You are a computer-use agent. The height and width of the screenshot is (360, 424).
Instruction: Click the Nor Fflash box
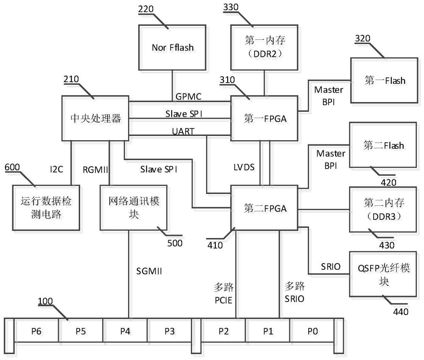172,47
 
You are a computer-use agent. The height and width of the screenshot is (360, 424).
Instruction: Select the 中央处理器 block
96,118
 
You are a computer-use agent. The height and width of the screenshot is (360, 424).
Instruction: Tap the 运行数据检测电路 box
42,208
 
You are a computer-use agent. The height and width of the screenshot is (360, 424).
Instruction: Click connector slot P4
125,331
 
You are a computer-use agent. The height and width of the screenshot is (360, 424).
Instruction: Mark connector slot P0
312,331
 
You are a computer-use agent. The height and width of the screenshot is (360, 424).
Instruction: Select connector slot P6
36,331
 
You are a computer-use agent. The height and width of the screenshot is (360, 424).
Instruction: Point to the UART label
184,132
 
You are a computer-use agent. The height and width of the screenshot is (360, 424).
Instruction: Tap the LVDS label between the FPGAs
244,167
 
